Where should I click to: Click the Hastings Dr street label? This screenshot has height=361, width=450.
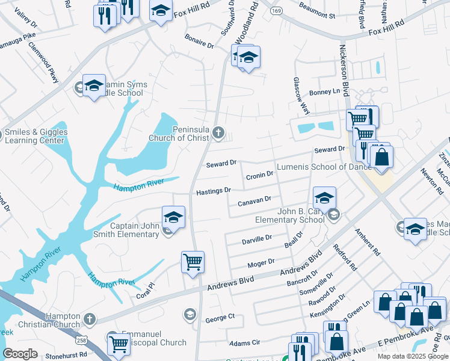point(214,191)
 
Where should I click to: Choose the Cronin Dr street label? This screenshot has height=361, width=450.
point(259,174)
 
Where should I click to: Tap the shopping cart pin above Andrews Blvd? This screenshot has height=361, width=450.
point(193,262)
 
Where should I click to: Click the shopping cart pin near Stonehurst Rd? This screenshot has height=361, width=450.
point(119,344)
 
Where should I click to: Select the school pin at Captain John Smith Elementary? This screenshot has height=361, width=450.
point(173,217)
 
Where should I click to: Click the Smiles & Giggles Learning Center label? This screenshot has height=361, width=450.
point(36,136)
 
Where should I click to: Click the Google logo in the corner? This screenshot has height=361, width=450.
point(20,353)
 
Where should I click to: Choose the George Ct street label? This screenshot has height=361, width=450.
point(220,317)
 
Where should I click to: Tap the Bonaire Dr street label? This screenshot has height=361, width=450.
point(199,44)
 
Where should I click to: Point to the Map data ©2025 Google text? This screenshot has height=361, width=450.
point(412,356)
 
